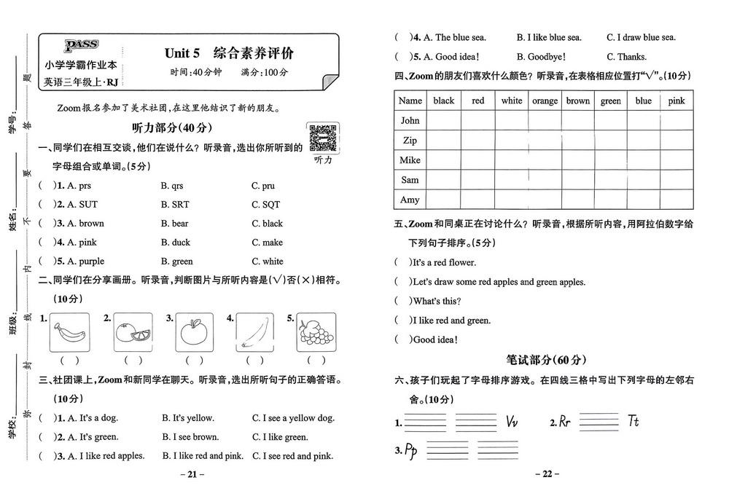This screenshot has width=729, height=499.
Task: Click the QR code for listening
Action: pos(322,138)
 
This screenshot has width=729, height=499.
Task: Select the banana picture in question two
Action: pos(69,333)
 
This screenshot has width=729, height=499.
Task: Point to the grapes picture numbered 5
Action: pos(316,333)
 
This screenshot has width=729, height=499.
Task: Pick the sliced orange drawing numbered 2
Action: pos(133,333)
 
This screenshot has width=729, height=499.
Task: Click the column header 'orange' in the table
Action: pos(545,101)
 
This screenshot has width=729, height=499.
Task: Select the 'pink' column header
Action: pos(677,101)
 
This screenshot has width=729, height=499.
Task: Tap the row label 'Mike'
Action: pos(410,160)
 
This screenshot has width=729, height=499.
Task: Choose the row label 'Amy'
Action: pos(410,200)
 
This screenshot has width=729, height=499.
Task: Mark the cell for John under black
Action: pos(443,120)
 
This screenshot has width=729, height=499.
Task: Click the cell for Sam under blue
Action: pos(643,180)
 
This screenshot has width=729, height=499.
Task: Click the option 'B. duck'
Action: pos(176,243)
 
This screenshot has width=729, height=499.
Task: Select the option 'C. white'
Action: pos(268,262)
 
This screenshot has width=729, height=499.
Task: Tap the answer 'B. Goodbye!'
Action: pos(542,57)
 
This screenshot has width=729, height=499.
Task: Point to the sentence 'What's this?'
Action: pos(437,301)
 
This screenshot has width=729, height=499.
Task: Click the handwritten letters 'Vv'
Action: pos(512,422)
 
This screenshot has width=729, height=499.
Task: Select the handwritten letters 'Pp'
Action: pos(410,449)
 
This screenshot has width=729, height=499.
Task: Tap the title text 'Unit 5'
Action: pos(182,53)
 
